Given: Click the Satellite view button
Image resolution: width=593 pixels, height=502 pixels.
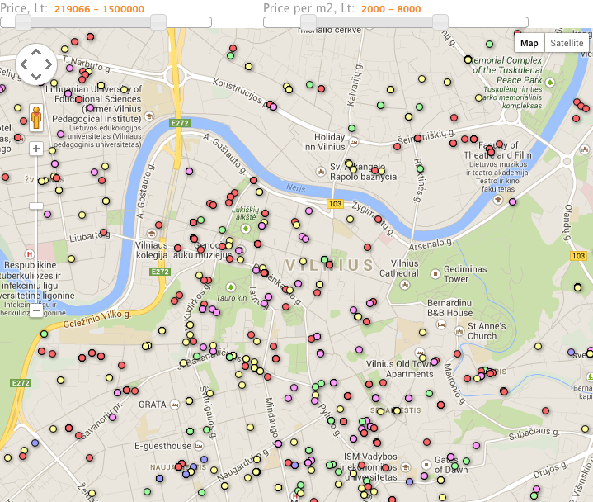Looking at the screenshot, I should (x=567, y=43).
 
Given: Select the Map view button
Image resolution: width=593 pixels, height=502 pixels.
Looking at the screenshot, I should (x=529, y=43).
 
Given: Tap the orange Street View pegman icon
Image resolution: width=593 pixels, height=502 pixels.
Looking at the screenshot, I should (x=36, y=117).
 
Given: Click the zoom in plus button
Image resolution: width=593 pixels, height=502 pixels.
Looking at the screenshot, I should (x=36, y=149).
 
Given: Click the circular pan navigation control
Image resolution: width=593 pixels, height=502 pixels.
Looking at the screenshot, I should (x=36, y=64).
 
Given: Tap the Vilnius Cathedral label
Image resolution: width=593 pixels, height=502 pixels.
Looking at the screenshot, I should (x=399, y=268).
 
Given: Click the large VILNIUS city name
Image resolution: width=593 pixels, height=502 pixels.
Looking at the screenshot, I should (x=330, y=265).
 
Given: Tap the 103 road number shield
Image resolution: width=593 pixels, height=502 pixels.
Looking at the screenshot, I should (x=335, y=204).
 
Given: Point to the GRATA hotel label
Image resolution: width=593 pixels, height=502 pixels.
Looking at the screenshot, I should (x=153, y=405).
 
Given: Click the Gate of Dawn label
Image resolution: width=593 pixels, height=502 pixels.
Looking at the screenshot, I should (x=452, y=465).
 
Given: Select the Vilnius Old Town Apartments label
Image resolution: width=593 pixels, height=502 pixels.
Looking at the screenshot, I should (x=398, y=368).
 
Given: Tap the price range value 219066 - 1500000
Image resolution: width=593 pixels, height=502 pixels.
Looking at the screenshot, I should (x=99, y=9).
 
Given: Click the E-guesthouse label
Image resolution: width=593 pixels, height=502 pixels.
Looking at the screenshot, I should (x=163, y=446).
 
